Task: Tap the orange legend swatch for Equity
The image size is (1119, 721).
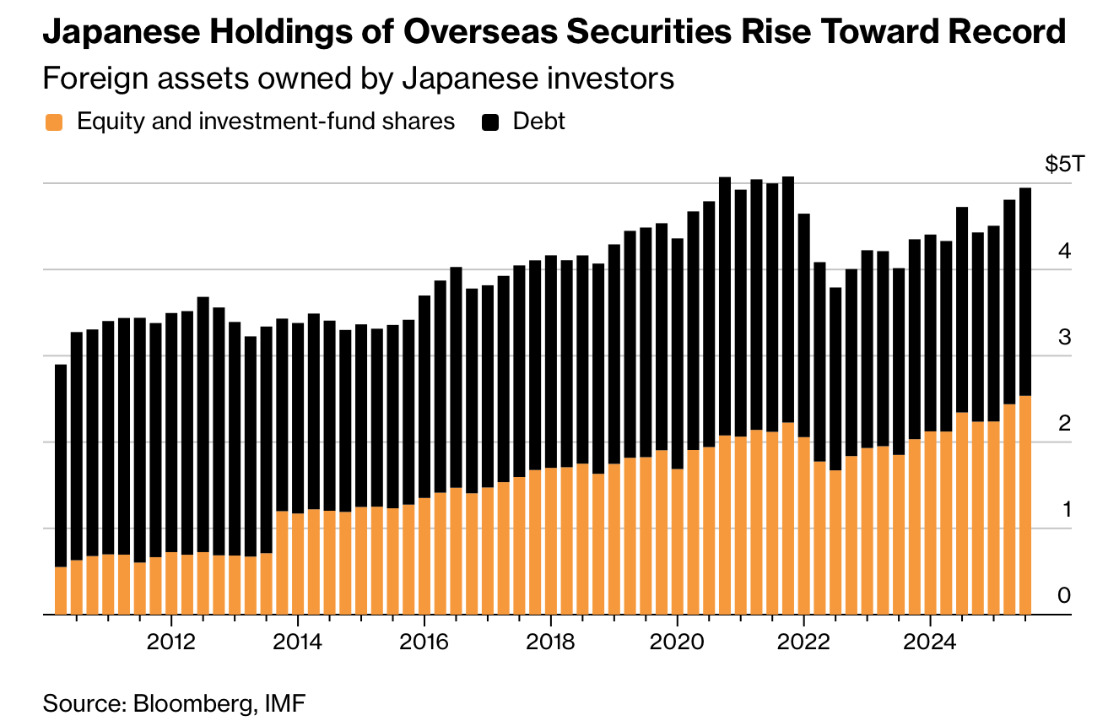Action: tap(54, 122)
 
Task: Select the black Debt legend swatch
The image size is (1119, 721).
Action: tap(490, 122)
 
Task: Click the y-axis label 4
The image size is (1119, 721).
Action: tap(1064, 251)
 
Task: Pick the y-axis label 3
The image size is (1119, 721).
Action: tap(1064, 337)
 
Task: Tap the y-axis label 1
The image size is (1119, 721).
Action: tap(1064, 510)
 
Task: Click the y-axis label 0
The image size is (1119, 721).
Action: tap(1064, 596)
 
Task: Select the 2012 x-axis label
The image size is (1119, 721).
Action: tap(171, 642)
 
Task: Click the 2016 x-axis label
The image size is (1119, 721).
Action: tap(424, 642)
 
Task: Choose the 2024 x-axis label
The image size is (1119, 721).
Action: tap(929, 642)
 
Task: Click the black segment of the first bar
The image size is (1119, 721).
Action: tap(61, 464)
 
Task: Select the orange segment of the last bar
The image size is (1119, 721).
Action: tap(1024, 505)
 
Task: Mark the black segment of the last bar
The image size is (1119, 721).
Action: tap(1024, 291)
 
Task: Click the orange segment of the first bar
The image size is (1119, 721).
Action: tap(61, 590)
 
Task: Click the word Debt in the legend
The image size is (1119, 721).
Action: tap(539, 122)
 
